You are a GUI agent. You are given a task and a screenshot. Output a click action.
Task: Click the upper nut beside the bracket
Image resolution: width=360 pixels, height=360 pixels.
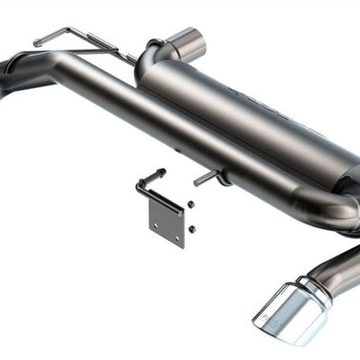tap(191, 204)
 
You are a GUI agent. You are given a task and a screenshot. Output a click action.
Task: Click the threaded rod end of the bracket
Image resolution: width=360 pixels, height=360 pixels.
tap(159, 172)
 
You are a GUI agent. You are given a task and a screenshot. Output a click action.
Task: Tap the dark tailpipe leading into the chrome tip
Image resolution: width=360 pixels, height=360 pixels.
tap(337, 265)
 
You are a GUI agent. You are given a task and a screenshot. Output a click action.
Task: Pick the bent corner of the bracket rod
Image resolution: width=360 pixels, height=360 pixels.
tap(139, 184)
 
